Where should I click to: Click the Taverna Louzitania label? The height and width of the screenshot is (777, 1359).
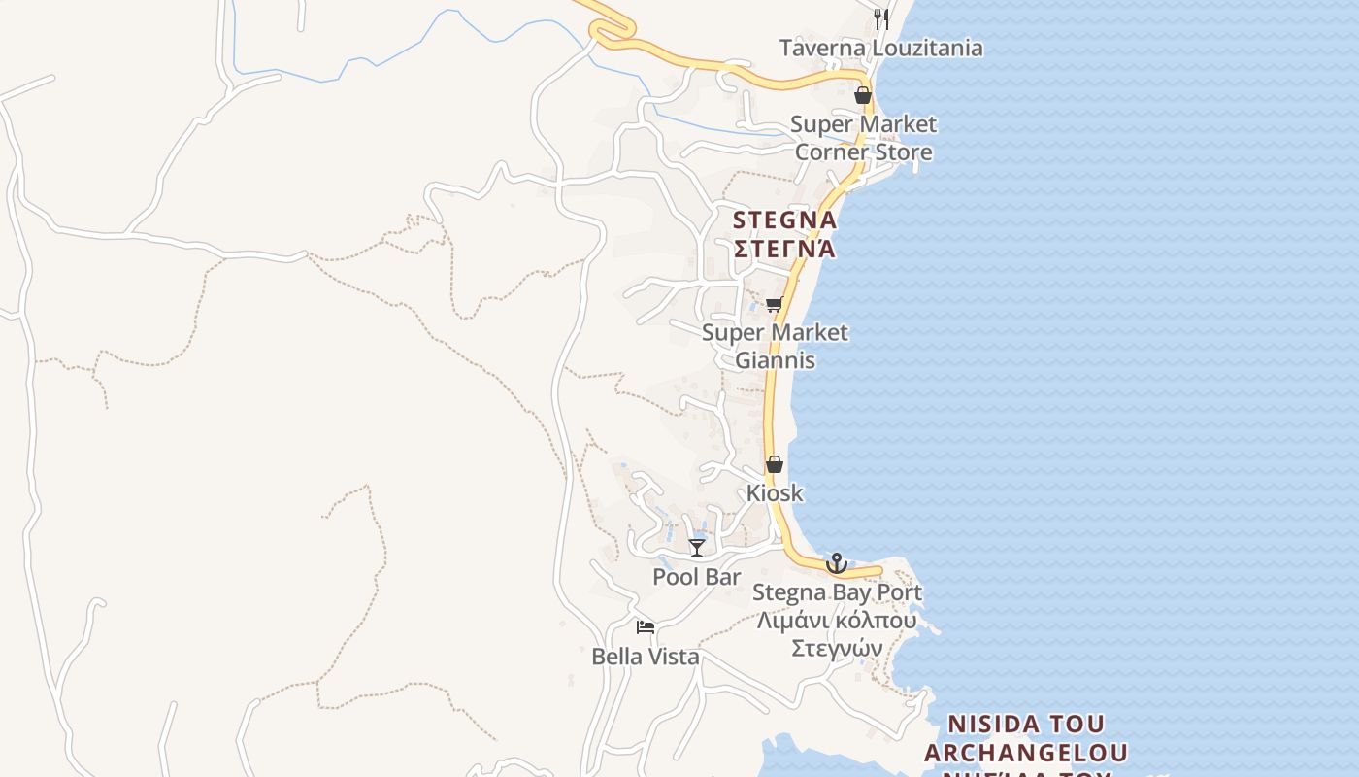881,48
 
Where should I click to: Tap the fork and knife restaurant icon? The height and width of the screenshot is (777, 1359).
881,17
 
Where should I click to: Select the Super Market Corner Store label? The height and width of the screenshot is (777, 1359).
863,138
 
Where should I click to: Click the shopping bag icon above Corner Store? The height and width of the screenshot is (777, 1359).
862,95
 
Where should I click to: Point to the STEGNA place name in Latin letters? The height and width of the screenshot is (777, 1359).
785,220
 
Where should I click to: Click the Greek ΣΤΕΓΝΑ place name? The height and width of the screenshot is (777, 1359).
784,249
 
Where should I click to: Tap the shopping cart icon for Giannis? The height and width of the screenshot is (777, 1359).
774,305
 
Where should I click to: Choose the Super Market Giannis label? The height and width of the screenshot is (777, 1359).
775,346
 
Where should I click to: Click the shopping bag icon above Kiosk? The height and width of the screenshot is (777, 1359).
774,464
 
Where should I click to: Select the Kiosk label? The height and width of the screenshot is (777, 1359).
775,492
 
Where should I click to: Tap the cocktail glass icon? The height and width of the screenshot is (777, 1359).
697,548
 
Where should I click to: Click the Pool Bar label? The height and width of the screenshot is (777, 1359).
697,576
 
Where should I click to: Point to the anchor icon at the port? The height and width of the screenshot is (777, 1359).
836,563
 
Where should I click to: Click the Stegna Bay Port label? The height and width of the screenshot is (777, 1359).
837,591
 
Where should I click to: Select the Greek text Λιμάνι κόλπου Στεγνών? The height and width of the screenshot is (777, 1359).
837,633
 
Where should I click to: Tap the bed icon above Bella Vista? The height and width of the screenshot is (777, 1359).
646,627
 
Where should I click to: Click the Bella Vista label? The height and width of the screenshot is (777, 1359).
646,657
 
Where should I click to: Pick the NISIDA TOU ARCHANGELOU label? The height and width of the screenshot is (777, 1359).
1026,738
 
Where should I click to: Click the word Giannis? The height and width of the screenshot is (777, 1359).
775,360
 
